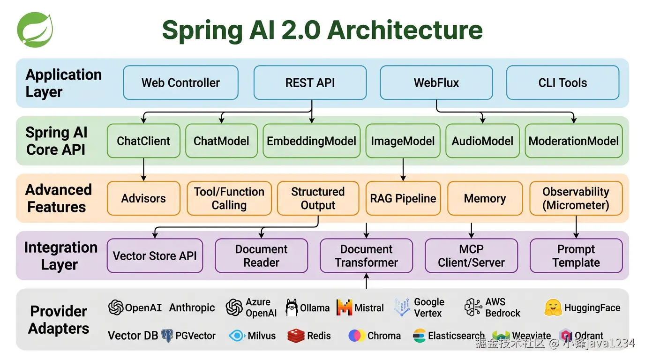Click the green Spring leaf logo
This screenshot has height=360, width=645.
(x=35, y=30)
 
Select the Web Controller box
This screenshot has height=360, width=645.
(x=180, y=83)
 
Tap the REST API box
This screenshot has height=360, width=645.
(x=310, y=83)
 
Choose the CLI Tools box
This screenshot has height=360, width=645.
(x=562, y=83)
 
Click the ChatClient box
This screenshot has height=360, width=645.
(x=143, y=141)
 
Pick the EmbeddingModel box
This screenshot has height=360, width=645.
(x=311, y=141)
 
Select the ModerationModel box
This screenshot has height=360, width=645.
(x=573, y=141)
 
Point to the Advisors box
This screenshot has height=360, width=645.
(x=143, y=198)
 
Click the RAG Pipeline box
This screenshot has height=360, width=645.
(x=403, y=198)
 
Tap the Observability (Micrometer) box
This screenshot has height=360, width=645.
(x=576, y=198)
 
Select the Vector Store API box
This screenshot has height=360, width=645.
(x=155, y=256)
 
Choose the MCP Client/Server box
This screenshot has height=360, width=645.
(x=471, y=256)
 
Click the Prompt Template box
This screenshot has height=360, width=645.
(x=576, y=256)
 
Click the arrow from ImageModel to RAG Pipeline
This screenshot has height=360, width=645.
(x=403, y=170)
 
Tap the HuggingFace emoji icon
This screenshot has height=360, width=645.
(x=553, y=308)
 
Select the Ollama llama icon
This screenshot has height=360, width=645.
(x=292, y=308)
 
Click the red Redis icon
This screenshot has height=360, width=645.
(x=295, y=336)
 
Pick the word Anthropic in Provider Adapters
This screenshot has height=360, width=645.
(x=192, y=308)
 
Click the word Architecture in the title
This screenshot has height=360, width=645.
(x=405, y=30)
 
